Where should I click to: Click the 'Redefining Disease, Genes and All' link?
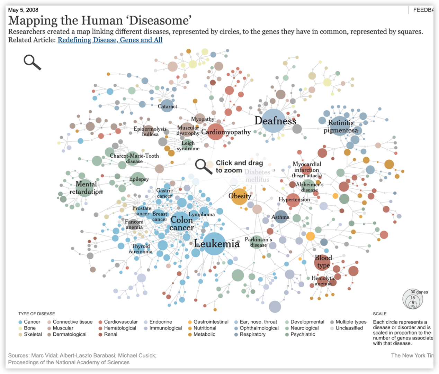[110, 40]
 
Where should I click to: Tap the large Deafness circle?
[274, 121]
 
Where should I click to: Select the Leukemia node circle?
[214, 244]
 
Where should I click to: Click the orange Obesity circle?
[239, 196]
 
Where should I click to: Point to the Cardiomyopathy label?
[226, 132]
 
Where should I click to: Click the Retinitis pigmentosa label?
[341, 127]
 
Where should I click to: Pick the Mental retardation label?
[86, 188]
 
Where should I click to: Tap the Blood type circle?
[323, 262]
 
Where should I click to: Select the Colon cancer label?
[182, 224]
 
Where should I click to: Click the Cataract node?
[167, 106]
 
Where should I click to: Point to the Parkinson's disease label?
[258, 242]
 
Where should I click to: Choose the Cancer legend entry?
[32, 322]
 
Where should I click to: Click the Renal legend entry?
[110, 334]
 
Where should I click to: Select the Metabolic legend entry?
[204, 334]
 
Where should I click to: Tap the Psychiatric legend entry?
[303, 334]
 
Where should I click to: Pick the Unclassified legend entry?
[349, 328]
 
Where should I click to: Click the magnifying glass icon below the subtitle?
[32, 62]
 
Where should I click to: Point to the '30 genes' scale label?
[419, 292]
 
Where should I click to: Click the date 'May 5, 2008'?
[23, 10]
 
